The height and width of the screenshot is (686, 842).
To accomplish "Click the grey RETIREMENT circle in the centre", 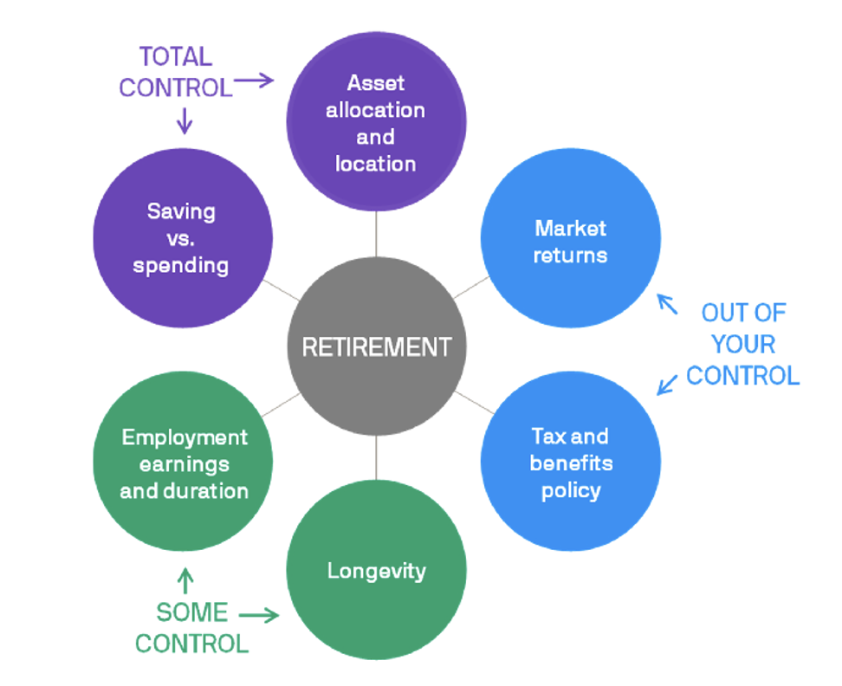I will pyautogui.click(x=376, y=346).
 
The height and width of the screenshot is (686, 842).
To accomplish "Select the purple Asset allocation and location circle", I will pyautogui.click(x=376, y=122).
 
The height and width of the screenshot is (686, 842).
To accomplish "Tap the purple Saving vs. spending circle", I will pyautogui.click(x=182, y=237).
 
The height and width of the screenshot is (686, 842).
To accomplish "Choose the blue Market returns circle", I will pyautogui.click(x=570, y=240).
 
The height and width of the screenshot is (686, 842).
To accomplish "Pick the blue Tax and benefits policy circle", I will pyautogui.click(x=570, y=463).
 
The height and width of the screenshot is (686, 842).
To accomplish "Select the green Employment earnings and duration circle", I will pyautogui.click(x=182, y=463).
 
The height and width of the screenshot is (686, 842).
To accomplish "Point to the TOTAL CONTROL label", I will pyautogui.click(x=176, y=72).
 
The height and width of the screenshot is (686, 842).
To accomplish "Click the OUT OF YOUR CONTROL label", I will pyautogui.click(x=742, y=344).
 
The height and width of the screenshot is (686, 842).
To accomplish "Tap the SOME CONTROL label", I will pyautogui.click(x=191, y=627).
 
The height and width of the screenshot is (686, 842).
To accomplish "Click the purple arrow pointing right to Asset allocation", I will pyautogui.click(x=254, y=81).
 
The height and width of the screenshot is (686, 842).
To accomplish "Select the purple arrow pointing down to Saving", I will pyautogui.click(x=184, y=120).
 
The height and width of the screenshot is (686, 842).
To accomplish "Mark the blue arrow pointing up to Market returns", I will pyautogui.click(x=667, y=304).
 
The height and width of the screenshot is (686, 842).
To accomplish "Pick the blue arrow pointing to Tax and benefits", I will pyautogui.click(x=667, y=382).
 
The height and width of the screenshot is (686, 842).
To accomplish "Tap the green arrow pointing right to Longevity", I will pyautogui.click(x=259, y=616).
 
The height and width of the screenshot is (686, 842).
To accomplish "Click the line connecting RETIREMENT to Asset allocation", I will pyautogui.click(x=376, y=234).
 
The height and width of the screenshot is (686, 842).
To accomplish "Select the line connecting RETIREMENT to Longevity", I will pyautogui.click(x=376, y=458).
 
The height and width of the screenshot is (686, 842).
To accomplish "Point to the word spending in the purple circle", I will pyautogui.click(x=181, y=264).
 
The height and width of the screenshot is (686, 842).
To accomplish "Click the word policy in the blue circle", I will pyautogui.click(x=571, y=490).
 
